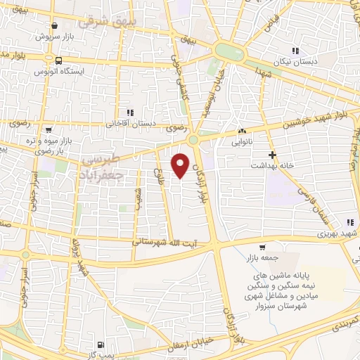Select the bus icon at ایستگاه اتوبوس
58,60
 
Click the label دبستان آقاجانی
128,123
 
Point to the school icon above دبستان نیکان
295,50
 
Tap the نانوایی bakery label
243,141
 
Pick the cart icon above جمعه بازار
263,247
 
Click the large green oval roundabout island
229,51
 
